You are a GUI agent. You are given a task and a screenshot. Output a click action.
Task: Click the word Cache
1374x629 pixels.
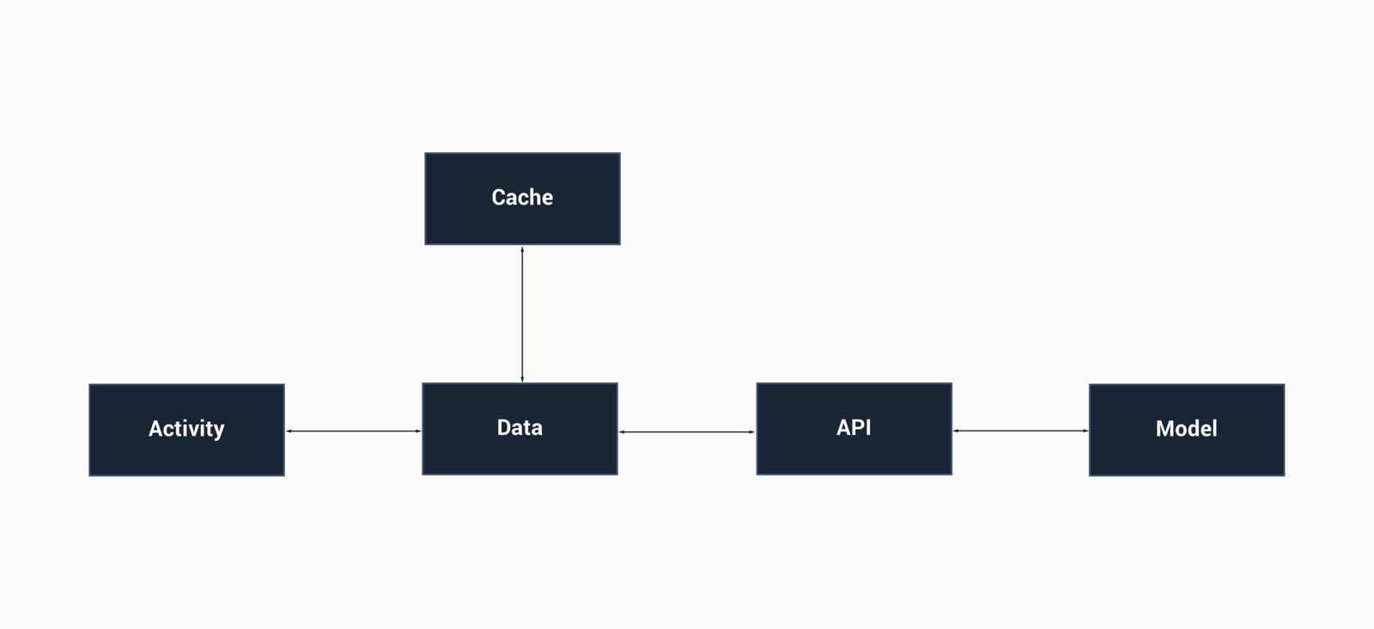coord(522,198)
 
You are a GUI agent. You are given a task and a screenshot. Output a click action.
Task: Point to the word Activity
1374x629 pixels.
coord(186,428)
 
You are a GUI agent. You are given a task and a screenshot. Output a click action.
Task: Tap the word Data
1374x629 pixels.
coord(520,427)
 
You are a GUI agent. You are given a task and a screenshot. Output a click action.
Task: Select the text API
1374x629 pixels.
coord(854,427)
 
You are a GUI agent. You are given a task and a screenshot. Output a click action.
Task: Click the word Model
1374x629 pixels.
coord(1187,428)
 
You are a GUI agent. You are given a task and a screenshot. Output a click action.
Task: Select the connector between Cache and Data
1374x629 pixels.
coord(522,314)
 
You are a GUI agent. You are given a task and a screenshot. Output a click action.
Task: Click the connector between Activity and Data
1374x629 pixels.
coord(353,431)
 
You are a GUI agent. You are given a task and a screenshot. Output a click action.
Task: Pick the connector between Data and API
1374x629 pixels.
coord(687,431)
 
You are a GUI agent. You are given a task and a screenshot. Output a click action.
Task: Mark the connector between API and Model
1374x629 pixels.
coord(1020,431)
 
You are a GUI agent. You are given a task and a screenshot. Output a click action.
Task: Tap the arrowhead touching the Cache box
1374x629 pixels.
coord(522,249)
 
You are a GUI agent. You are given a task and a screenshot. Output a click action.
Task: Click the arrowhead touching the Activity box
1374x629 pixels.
coord(289,431)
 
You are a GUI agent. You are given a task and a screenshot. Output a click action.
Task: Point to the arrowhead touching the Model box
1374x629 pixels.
coord(1085,431)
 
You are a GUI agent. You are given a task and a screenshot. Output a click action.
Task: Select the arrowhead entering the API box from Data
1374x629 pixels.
coord(752,431)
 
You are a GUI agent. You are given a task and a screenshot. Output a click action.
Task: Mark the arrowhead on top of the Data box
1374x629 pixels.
coord(522,379)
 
